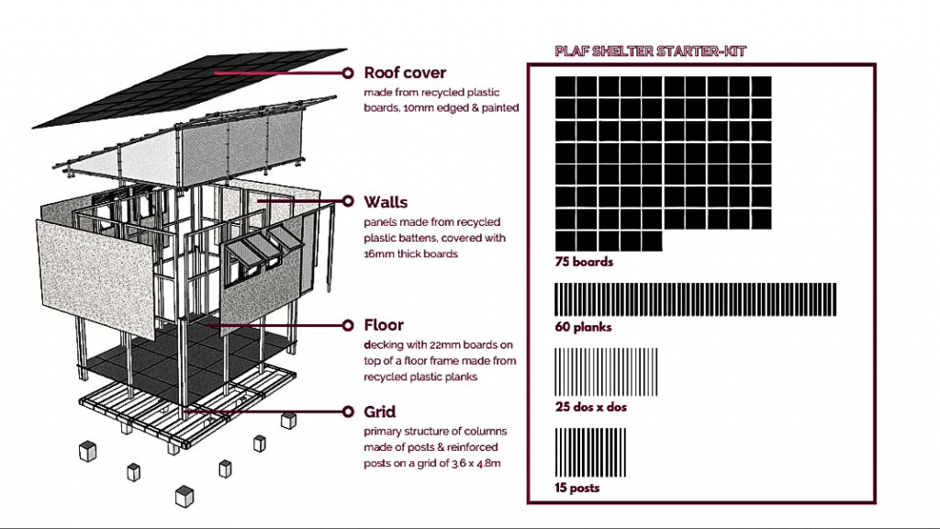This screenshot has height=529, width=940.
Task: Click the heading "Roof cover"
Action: coord(405,73)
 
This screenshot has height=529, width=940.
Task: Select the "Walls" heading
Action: coord(386,201)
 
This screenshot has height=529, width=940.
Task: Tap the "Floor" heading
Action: coord(384,325)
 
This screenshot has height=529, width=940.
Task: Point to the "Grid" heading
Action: coord(380,412)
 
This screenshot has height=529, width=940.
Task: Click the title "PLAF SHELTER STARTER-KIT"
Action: coord(650,51)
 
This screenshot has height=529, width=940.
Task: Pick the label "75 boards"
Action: coord(584,262)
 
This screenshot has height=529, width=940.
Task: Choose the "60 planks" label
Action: coord(583,326)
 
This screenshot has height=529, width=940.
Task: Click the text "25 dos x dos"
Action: coord(590,407)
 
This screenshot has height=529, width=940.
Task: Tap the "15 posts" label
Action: coord(577,488)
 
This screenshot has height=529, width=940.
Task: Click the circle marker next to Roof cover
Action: coord(348,73)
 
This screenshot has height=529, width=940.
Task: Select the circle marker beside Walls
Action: coord(348,201)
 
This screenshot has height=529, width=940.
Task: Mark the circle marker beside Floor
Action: coord(348,325)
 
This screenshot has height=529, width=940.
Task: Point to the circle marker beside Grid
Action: coord(348,412)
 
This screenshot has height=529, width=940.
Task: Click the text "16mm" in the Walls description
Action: coord(380,254)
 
